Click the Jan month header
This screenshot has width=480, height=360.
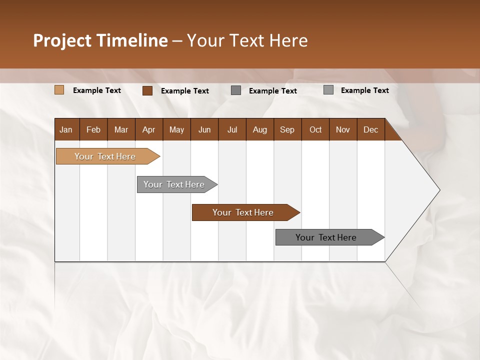tap(66, 129)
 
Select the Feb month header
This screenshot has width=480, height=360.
tap(93, 129)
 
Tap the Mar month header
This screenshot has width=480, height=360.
tap(121, 129)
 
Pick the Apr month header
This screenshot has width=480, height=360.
tap(149, 129)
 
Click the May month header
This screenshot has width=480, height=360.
tap(176, 129)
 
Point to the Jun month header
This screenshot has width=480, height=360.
tap(204, 129)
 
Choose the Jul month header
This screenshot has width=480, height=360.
tap(232, 129)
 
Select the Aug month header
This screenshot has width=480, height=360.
tap(260, 129)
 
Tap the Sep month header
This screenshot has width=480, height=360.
tap(287, 129)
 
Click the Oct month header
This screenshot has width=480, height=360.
tap(315, 129)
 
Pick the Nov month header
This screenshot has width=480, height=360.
tap(343, 129)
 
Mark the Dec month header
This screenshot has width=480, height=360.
tap(371, 129)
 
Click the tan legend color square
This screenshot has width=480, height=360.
tap(59, 90)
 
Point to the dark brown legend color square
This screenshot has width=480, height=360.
tap(147, 90)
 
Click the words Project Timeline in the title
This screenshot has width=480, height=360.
tap(100, 40)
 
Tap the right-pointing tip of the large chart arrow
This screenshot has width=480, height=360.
tap(437, 190)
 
